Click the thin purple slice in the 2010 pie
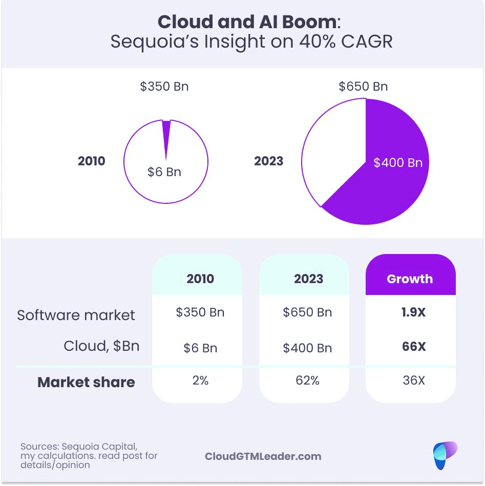pos(166,134)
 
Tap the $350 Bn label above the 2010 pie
pos(164,87)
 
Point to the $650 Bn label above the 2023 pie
pos(363,87)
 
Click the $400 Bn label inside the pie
pos(398,163)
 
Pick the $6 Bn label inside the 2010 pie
pos(164,172)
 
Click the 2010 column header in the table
pos(200,279)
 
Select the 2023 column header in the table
pos(308,279)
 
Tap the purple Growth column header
pos(410,279)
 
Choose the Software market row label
pos(76,314)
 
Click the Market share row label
pos(86,382)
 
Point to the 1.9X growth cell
pos(414,312)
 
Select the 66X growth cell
pos(414,347)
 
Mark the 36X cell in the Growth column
pos(414,381)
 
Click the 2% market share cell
pos(200,381)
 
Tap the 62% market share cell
pos(308,381)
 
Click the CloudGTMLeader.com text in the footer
pos(263,456)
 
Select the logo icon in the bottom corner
pos(444,455)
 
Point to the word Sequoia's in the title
pos(154,41)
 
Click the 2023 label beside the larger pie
pos(269,161)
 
